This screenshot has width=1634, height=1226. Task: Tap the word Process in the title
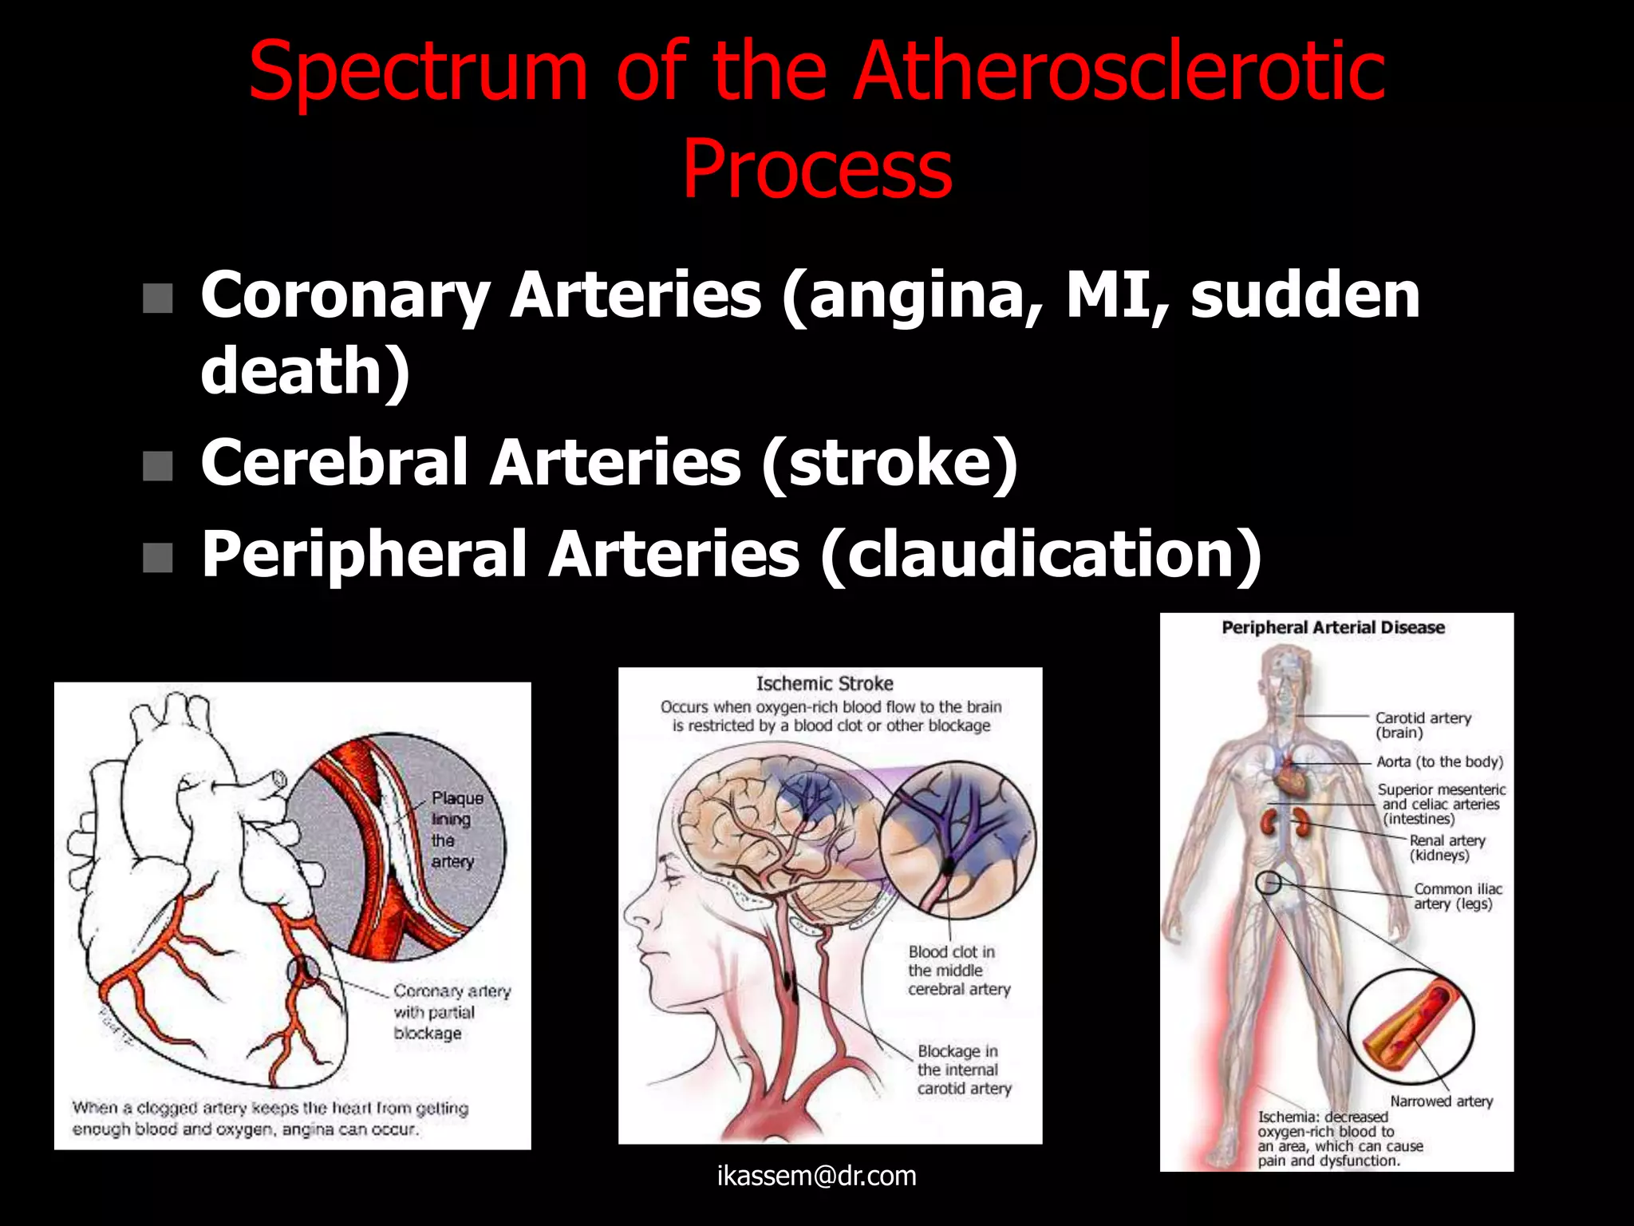pos(817,169)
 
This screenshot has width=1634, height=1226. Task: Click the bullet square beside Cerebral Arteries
pos(158,465)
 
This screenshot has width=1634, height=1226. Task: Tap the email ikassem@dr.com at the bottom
pos(817,1176)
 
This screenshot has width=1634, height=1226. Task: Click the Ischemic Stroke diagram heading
pos(824,684)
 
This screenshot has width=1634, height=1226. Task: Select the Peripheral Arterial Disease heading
pos(1333,627)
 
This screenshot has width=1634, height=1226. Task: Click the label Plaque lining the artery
pos(456,829)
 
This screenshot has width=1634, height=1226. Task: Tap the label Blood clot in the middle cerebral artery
pos(957,970)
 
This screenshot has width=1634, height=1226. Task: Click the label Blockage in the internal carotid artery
pos(963,1070)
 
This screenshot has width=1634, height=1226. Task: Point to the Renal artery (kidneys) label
pos(1446,848)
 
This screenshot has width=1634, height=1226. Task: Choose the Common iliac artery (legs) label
pos(1456,896)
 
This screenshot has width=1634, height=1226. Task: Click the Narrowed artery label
pos(1441,1101)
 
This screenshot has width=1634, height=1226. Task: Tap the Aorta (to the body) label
pos(1439,761)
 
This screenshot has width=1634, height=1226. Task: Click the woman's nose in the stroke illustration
pos(632,910)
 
